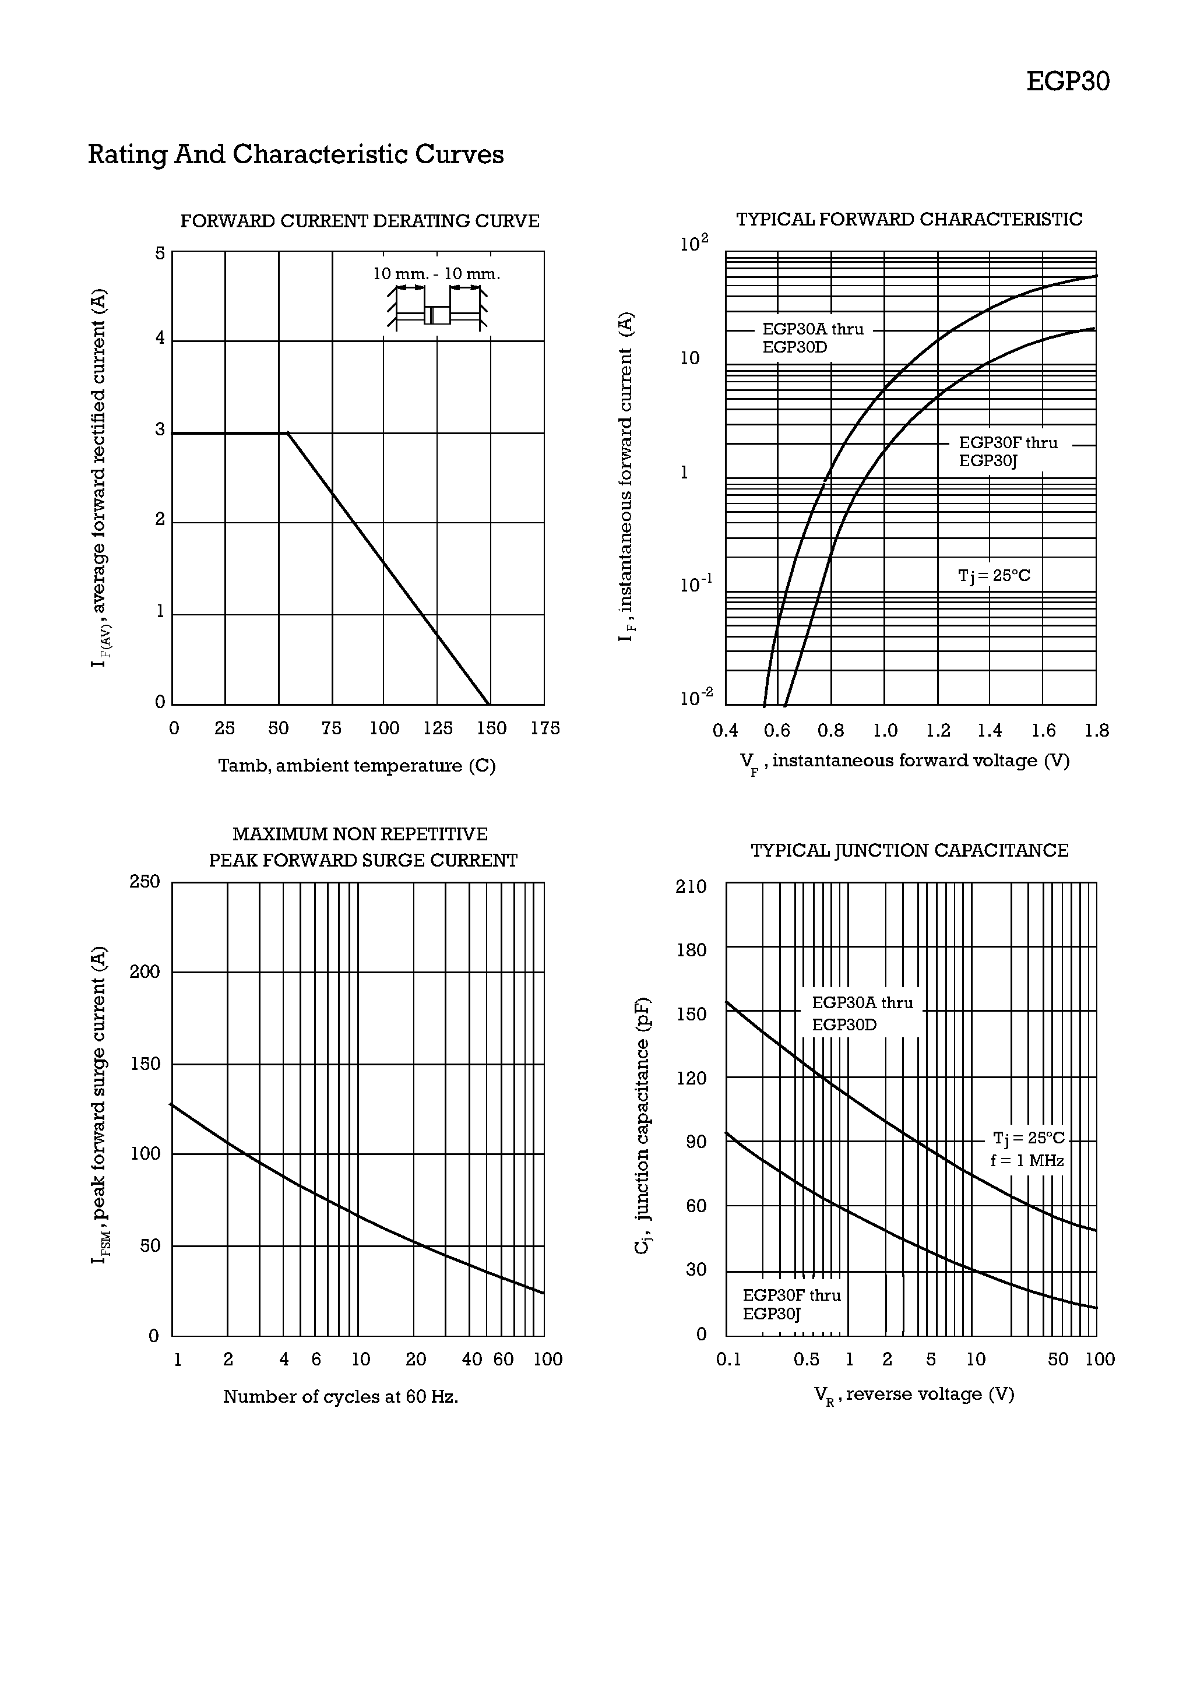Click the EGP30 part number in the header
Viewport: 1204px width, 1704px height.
[1068, 82]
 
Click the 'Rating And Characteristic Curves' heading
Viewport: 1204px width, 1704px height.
[295, 154]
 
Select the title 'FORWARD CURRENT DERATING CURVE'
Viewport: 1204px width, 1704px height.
[359, 221]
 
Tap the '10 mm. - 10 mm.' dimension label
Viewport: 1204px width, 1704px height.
[436, 274]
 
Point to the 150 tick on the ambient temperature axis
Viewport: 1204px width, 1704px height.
[491, 728]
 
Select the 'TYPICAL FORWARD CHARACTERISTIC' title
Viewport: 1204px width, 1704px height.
[909, 220]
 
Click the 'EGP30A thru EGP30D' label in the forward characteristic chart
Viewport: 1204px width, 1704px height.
[813, 337]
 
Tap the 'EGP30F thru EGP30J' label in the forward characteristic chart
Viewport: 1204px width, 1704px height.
[1007, 451]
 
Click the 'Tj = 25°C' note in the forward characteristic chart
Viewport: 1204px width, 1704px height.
[994, 576]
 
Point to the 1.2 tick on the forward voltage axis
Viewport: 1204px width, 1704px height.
[938, 731]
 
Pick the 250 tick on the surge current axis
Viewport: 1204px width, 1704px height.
[145, 882]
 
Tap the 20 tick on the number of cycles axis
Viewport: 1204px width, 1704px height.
[416, 1359]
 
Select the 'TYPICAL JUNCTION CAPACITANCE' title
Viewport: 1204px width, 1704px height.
[909, 850]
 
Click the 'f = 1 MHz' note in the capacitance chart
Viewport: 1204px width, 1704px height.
[1027, 1160]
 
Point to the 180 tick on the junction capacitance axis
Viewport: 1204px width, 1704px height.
[691, 950]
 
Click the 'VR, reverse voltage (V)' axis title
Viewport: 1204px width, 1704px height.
[914, 1395]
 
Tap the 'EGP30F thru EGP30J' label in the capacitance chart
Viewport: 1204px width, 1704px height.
[791, 1304]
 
